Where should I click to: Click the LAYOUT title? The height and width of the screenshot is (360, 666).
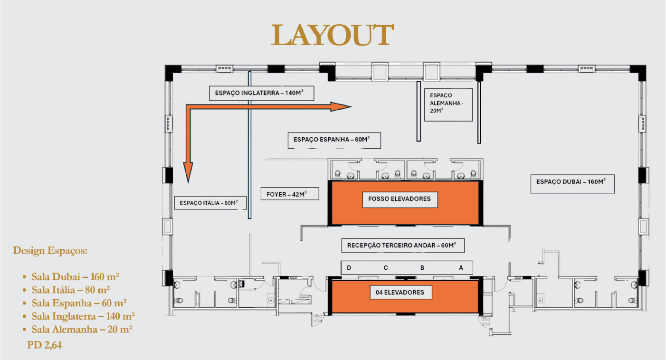pyautogui.click(x=333, y=35)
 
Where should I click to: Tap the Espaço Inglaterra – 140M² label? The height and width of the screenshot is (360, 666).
pyautogui.click(x=261, y=93)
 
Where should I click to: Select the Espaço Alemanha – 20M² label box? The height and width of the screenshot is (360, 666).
pyautogui.click(x=448, y=104)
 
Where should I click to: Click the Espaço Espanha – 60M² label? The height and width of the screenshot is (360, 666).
pyautogui.click(x=334, y=140)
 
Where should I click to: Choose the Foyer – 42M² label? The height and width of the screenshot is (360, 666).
pyautogui.click(x=290, y=194)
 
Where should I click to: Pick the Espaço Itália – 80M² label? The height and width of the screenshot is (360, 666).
pyautogui.click(x=210, y=203)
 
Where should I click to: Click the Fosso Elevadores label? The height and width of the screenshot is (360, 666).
pyautogui.click(x=400, y=199)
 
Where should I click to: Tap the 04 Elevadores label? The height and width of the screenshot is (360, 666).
pyautogui.click(x=401, y=293)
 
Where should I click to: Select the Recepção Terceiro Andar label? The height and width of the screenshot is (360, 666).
pyautogui.click(x=403, y=245)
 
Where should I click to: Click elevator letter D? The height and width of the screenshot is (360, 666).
pyautogui.click(x=349, y=268)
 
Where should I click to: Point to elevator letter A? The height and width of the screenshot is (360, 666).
pyautogui.click(x=461, y=268)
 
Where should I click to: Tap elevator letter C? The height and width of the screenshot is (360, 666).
pyautogui.click(x=386, y=268)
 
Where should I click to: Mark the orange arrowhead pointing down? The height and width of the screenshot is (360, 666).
pyautogui.click(x=188, y=172)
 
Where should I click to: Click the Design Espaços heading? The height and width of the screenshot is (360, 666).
pyautogui.click(x=50, y=251)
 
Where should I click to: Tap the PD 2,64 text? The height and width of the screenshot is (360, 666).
pyautogui.click(x=44, y=345)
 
